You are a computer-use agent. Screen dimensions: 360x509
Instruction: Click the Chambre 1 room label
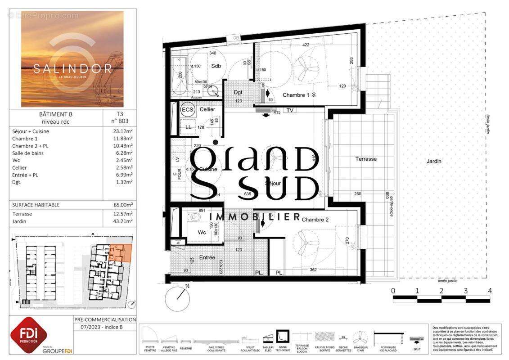296,95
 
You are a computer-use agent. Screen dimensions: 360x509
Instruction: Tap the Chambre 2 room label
315,220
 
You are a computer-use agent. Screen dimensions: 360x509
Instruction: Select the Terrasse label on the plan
366,159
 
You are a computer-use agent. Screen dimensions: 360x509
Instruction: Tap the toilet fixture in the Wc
195,217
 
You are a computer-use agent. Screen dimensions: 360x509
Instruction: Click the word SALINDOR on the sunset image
66,69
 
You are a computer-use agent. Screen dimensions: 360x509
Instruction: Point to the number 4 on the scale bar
490,291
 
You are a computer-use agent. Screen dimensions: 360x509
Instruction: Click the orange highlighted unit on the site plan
120,253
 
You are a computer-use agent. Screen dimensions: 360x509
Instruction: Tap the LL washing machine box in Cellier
188,127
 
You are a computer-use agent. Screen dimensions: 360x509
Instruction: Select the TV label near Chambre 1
290,110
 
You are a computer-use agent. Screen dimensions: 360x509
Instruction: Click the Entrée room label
207,257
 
